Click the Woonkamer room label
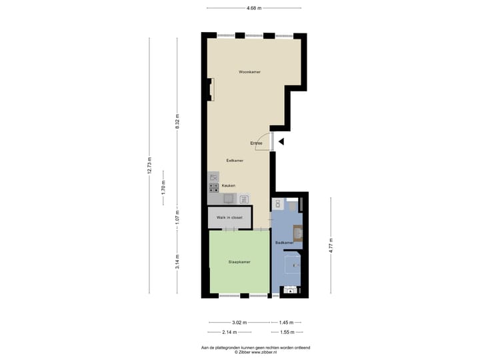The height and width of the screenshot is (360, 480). coord(250,71)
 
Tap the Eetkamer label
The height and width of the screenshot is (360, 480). coord(235,160)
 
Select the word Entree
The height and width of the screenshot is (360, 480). coord(256,143)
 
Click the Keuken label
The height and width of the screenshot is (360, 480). coord(229,185)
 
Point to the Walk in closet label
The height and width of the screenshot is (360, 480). coord(229,217)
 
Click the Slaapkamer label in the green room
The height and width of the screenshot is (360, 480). coord(239,262)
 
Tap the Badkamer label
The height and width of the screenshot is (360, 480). coord(285,243)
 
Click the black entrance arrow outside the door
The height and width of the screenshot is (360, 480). coord(281,141)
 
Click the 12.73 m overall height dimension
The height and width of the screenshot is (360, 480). coord(149,165)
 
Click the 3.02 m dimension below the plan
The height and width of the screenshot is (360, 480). coord(239,322)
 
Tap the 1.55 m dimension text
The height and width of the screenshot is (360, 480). coord(287,331)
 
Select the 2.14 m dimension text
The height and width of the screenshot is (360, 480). coord(229,331)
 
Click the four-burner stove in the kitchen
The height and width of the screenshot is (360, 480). coord(213,188)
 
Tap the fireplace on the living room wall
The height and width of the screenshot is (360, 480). coord(211,89)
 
